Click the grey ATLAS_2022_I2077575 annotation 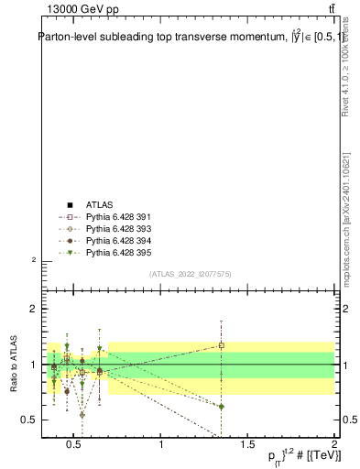191,274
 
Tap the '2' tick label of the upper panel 34,260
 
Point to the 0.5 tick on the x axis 76,444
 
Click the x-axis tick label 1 162,444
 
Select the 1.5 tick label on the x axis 248,444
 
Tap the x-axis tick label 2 333,444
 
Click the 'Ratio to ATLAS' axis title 14,364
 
